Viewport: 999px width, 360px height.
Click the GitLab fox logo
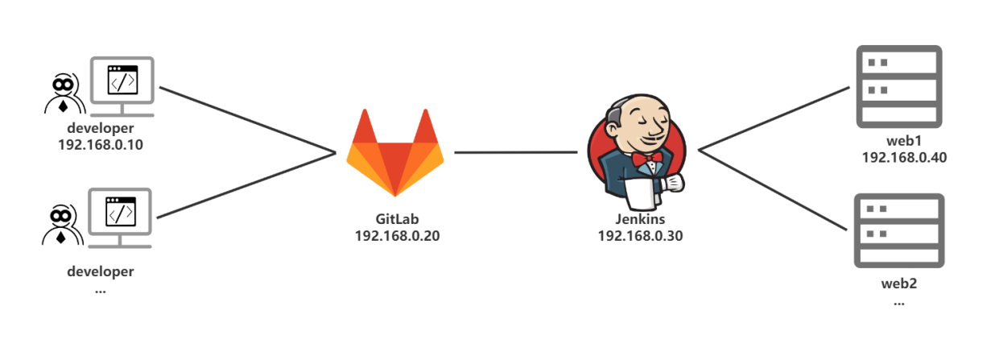395,153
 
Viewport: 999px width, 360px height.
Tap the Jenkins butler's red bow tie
646,159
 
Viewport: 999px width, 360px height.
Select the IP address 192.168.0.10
101,145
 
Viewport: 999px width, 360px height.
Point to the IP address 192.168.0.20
397,236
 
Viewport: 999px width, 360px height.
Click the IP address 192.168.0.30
640,236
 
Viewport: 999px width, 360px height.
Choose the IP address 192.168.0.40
904,158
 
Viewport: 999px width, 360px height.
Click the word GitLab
397,219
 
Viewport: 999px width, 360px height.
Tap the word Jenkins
640,219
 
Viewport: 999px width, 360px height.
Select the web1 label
903,141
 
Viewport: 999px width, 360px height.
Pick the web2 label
898,283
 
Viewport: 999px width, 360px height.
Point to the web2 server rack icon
899,230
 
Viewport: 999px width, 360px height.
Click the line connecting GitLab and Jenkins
515,152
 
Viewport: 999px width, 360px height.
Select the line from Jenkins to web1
774,118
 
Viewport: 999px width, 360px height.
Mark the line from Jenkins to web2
773,191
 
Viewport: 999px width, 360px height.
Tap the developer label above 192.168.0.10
101,128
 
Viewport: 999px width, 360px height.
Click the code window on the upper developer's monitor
122,81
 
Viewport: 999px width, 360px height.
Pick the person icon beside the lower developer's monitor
63,225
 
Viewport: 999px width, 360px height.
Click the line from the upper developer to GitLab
247,120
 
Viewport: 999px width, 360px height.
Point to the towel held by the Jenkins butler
642,194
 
